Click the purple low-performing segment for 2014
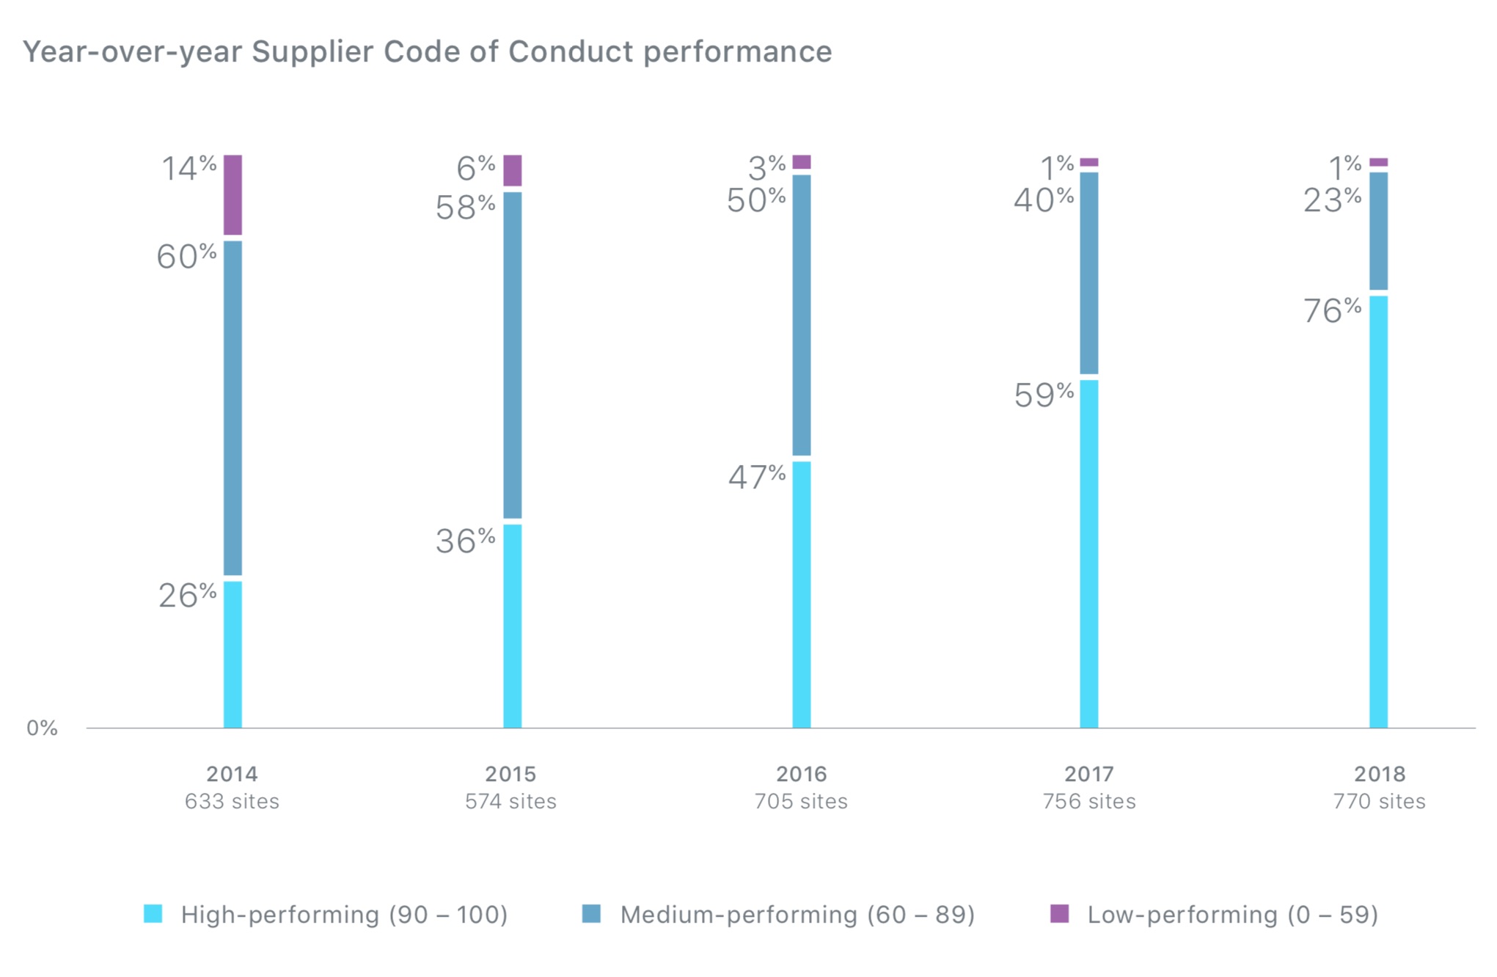point(233,195)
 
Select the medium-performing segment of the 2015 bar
point(512,355)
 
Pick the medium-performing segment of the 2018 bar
point(1378,231)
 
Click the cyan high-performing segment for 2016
point(801,594)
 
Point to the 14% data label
point(189,168)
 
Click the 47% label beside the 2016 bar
point(756,477)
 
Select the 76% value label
point(1331,310)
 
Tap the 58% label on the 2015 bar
point(465,207)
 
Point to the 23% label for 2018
point(1331,200)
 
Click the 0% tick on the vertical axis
point(42,728)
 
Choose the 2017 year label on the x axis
point(1088,774)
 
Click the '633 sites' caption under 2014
point(232,801)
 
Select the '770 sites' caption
point(1379,801)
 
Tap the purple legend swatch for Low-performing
point(1059,913)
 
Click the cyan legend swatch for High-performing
point(153,913)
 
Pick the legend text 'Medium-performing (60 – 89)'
point(797,915)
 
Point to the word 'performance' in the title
point(737,52)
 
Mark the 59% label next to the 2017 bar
point(1043,395)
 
